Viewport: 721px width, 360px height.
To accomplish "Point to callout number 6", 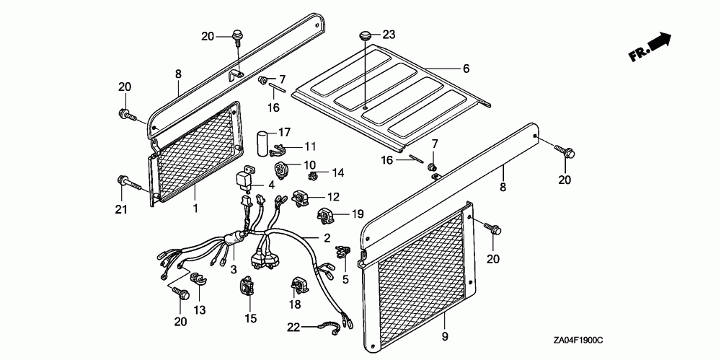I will (466, 69).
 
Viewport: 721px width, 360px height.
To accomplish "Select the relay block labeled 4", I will (247, 178).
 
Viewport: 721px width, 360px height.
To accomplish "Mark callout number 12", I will (333, 197).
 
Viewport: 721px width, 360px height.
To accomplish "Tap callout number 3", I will (234, 269).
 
